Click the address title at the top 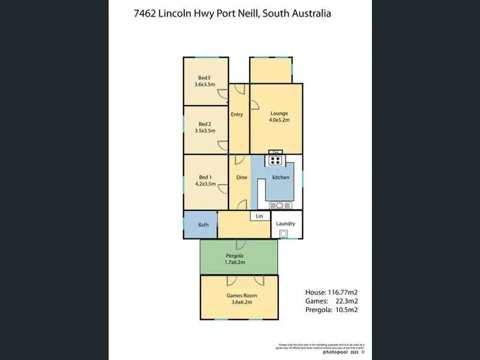[240, 13]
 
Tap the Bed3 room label [204, 77]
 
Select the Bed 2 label [204, 124]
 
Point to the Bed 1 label [205, 177]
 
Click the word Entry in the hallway [237, 114]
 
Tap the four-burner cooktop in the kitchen [276, 161]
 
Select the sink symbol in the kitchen [280, 205]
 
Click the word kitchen [281, 177]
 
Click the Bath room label [203, 224]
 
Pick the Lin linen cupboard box [259, 216]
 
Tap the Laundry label [285, 223]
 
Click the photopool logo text [336, 351]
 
